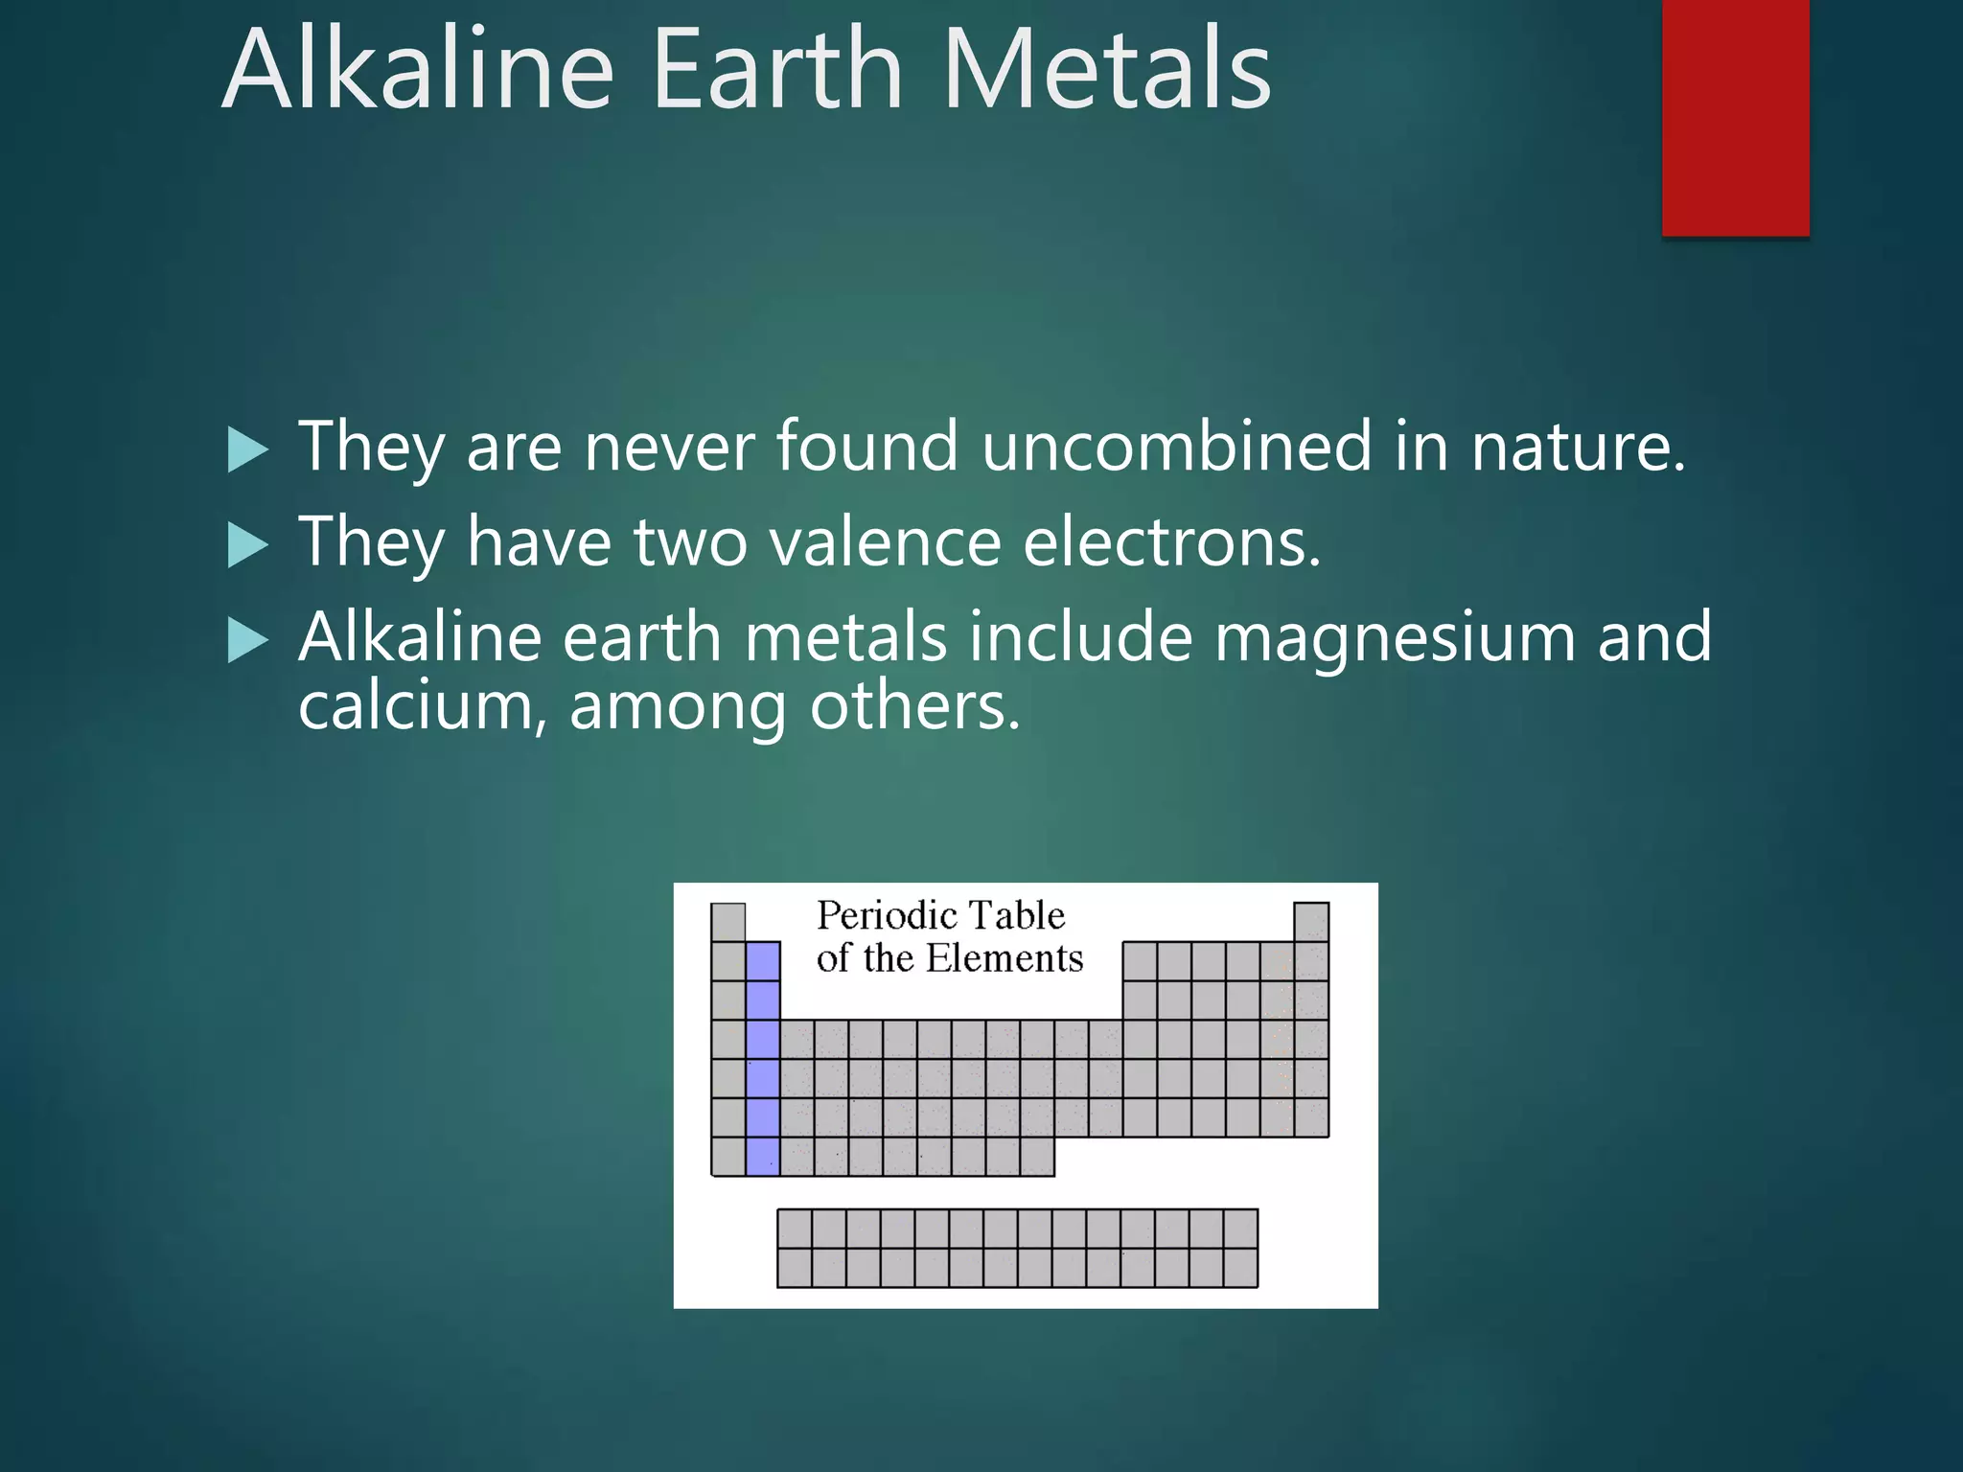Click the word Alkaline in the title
(418, 69)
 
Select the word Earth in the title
(777, 69)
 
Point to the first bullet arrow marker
(248, 450)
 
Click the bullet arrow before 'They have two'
(248, 545)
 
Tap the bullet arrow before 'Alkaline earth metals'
(248, 640)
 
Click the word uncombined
(1176, 447)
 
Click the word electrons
(1171, 542)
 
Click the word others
(914, 707)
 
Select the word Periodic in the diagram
(883, 915)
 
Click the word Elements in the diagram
(1004, 958)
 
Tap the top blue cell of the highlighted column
(763, 961)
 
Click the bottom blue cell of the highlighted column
(763, 1156)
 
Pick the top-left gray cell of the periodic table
(728, 922)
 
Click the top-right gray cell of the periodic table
(1311, 922)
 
